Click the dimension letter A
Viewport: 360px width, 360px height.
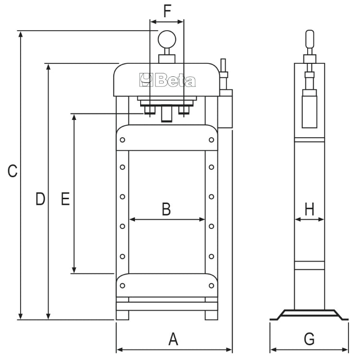click(173, 339)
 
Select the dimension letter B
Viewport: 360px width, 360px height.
click(166, 209)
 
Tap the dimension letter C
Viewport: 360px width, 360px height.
click(13, 171)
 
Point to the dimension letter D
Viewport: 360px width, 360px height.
click(40, 198)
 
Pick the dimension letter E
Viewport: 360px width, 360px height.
click(65, 198)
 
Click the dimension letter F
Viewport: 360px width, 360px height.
click(167, 11)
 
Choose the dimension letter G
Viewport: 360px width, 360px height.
click(310, 339)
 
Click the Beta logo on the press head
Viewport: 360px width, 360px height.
click(168, 80)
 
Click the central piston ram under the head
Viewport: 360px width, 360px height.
click(167, 114)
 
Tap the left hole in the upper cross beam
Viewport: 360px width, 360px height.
click(123, 140)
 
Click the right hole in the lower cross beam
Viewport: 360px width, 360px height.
click(211, 286)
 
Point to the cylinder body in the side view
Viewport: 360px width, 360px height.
click(310, 108)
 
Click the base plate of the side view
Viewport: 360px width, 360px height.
click(310, 315)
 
